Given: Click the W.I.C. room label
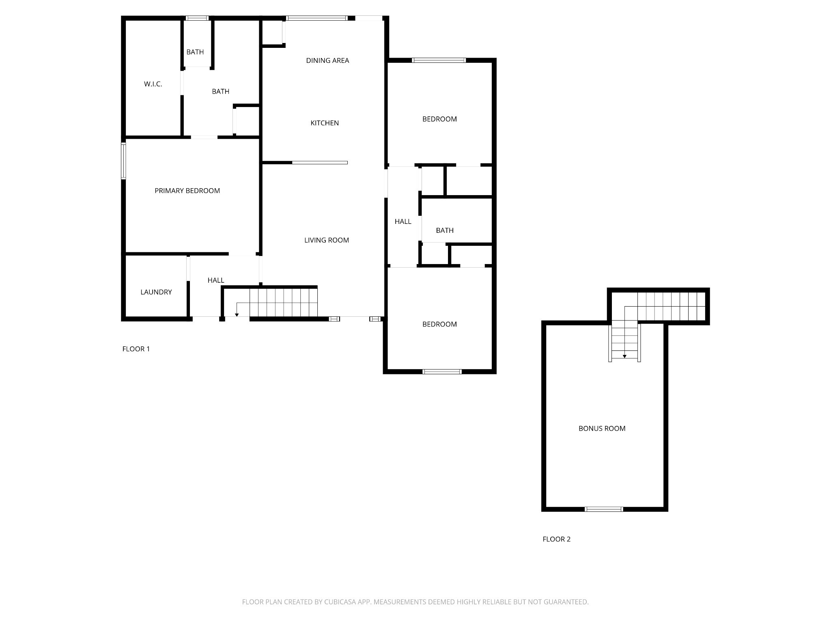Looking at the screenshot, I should [x=153, y=84].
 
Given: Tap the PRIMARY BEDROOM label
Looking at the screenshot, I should [x=187, y=191].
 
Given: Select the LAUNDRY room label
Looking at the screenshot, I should [x=156, y=292].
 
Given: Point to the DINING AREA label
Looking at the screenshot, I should [x=327, y=60].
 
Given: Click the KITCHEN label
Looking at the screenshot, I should [x=325, y=123].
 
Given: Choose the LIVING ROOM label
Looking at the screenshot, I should [x=327, y=240].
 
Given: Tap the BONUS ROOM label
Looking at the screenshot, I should [x=602, y=428].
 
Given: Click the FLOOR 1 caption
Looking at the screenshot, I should [x=136, y=349].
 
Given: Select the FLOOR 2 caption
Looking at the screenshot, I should [x=556, y=539].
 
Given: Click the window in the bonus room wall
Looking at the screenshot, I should [x=604, y=509].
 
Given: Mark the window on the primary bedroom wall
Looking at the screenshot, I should [x=123, y=161].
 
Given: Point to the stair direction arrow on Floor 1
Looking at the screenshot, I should [x=237, y=314].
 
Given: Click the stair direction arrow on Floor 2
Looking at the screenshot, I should [x=624, y=356].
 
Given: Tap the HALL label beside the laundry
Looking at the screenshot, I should [x=216, y=280].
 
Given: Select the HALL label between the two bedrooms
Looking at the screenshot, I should [x=403, y=221].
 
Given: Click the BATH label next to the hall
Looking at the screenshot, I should [x=445, y=230].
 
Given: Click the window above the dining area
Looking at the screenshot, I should [x=317, y=18].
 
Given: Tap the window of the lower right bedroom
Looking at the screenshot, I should [x=442, y=372].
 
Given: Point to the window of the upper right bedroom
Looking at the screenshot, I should [x=439, y=60].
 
